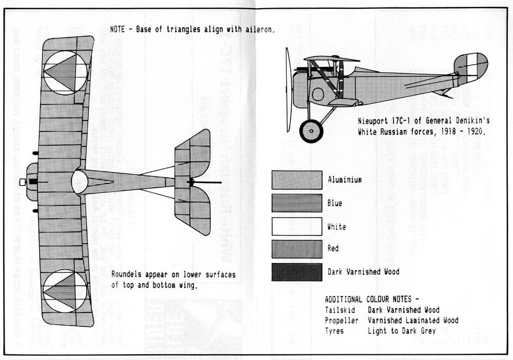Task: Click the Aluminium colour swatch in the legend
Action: pyautogui.click(x=297, y=180)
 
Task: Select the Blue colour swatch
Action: pyautogui.click(x=297, y=203)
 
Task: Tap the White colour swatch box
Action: pyautogui.click(x=297, y=226)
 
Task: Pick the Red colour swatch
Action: pyautogui.click(x=297, y=249)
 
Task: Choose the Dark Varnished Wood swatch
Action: pyautogui.click(x=297, y=272)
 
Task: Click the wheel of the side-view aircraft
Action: pyautogui.click(x=311, y=131)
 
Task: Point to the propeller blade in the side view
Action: pyautogui.click(x=288, y=90)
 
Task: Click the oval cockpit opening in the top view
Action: pyautogui.click(x=80, y=183)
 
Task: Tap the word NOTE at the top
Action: pyautogui.click(x=117, y=29)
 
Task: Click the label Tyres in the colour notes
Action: pyautogui.click(x=334, y=331)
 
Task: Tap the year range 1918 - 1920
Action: pyautogui.click(x=461, y=131)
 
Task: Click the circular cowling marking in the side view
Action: pyautogui.click(x=318, y=94)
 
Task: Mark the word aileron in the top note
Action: pyautogui.click(x=258, y=29)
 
